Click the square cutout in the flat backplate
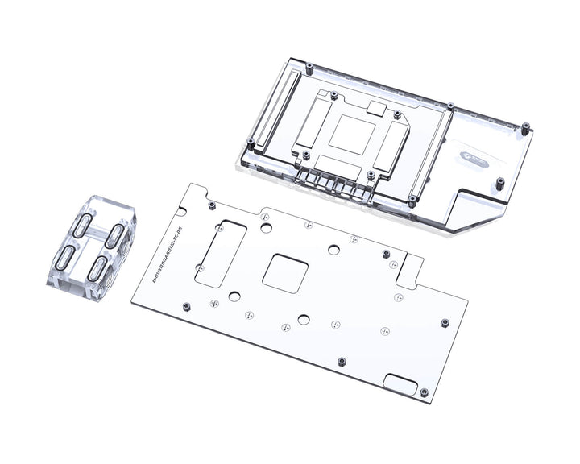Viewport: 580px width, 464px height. tap(286, 270)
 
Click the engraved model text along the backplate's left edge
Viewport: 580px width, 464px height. tap(156, 256)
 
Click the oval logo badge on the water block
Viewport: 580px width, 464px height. tap(473, 160)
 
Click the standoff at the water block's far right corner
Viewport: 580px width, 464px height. tap(525, 127)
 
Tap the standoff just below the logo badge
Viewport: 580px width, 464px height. tap(499, 182)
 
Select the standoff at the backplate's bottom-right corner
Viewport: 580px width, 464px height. tap(424, 392)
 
